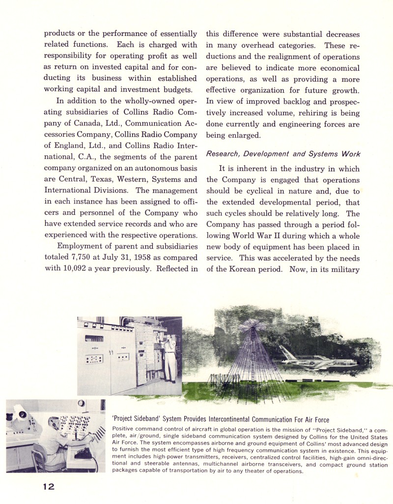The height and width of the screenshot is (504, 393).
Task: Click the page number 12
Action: pyautogui.click(x=48, y=487)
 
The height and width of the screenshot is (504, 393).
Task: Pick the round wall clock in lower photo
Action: pyautogui.click(x=81, y=405)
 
